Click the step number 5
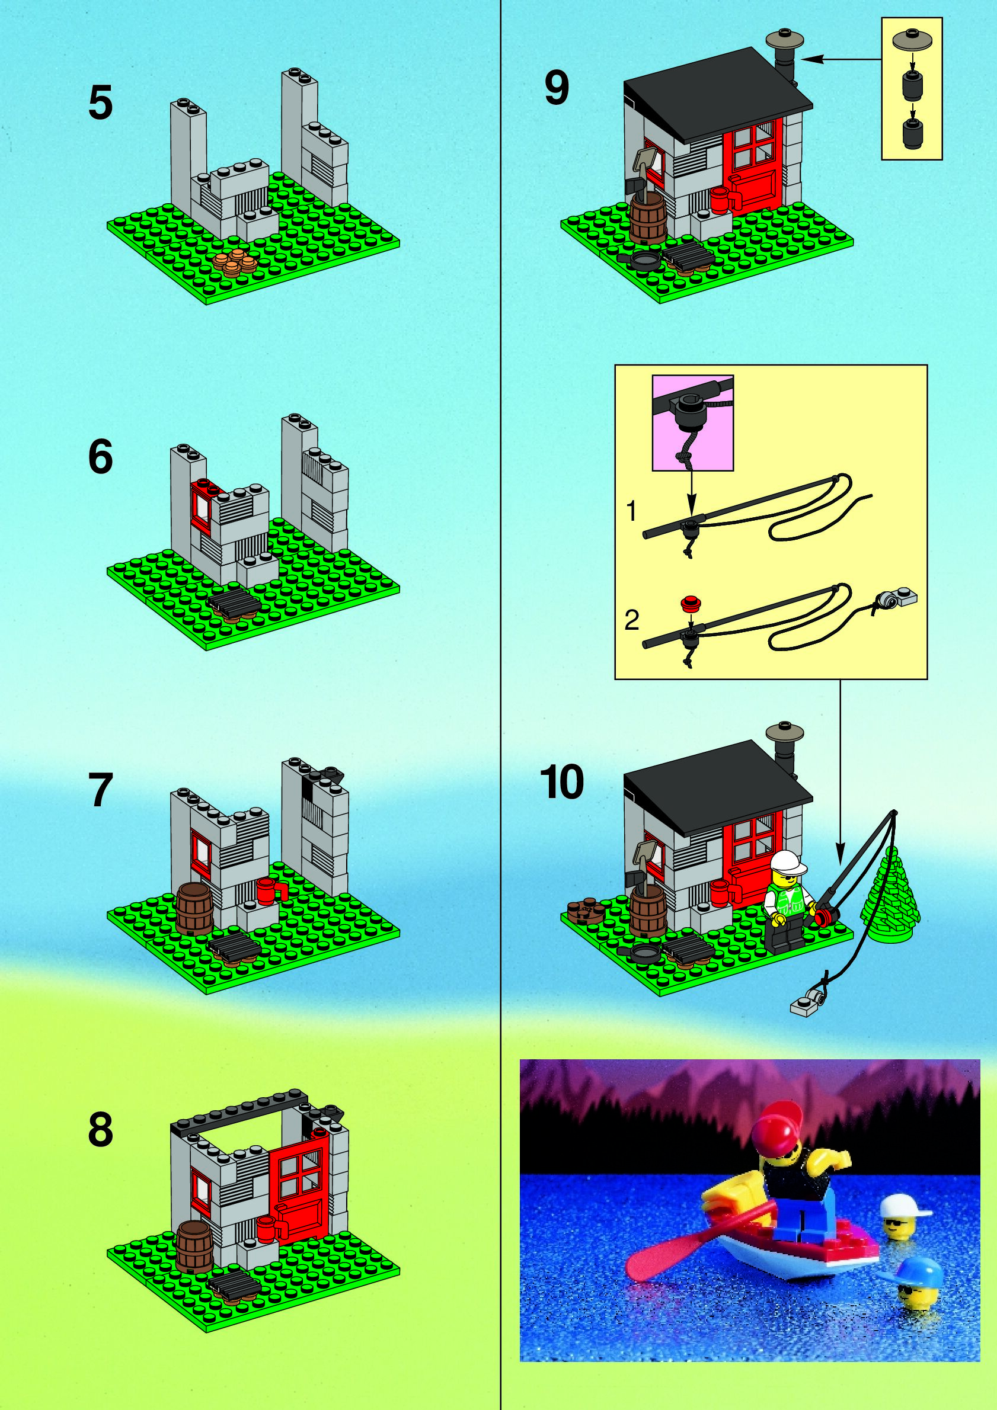point(100,102)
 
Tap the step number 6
point(100,457)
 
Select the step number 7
point(101,790)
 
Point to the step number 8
point(101,1129)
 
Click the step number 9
point(557,87)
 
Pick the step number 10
point(561,782)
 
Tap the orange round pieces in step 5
point(235,262)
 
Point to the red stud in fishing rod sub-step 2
point(691,603)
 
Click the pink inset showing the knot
point(692,423)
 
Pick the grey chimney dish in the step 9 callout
point(912,40)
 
